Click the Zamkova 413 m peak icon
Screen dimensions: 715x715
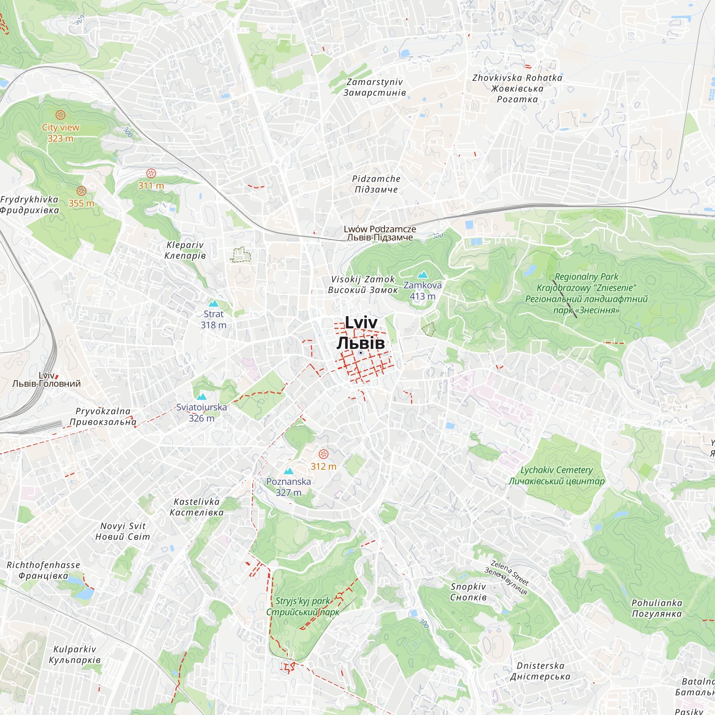(423, 275)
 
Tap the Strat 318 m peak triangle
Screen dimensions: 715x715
(213, 304)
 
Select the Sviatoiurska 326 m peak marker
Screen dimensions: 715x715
(201, 397)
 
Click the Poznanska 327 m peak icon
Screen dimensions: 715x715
(289, 472)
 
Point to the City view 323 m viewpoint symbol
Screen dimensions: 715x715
(60, 115)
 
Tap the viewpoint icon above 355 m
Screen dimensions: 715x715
(82, 191)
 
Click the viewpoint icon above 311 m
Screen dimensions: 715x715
(151, 173)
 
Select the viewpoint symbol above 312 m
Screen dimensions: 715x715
(324, 454)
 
